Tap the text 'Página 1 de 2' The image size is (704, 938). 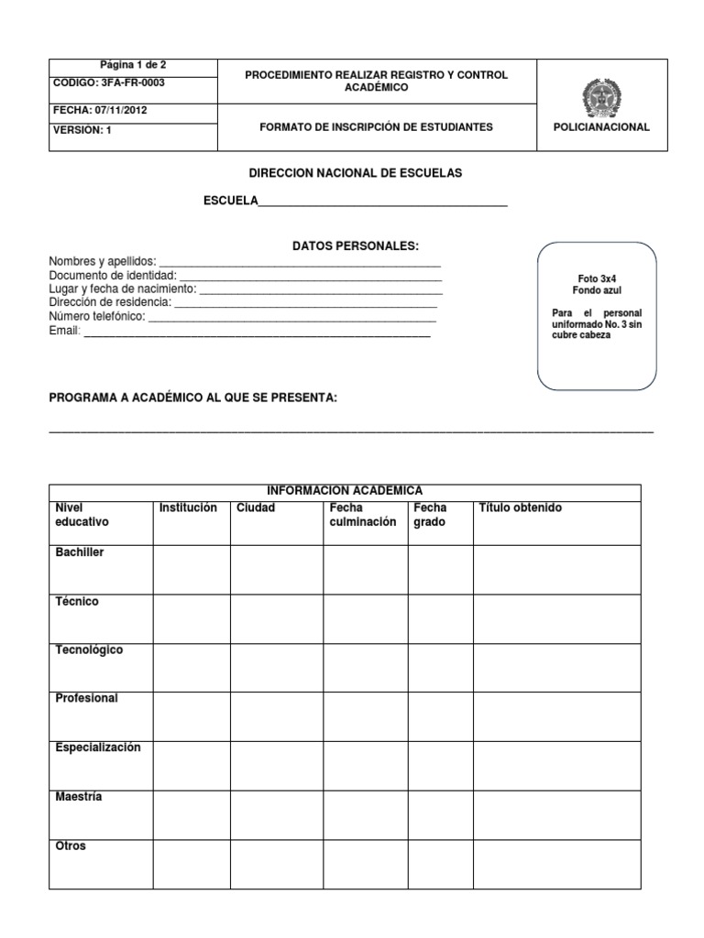pyautogui.click(x=133, y=65)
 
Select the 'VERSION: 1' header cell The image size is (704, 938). pyautogui.click(x=84, y=130)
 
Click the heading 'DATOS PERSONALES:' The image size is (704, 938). pyautogui.click(x=355, y=246)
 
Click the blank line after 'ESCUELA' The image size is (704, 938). pyautogui.click(x=382, y=202)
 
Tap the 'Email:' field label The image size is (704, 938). pyautogui.click(x=65, y=331)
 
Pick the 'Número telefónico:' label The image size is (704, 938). pyautogui.click(x=97, y=316)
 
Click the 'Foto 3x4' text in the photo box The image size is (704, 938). pyautogui.click(x=596, y=278)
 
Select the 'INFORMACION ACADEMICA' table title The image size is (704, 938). pyautogui.click(x=345, y=491)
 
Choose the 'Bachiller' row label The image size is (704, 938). pyautogui.click(x=80, y=553)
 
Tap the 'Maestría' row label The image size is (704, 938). pyautogui.click(x=79, y=797)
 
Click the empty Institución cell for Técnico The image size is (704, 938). pyautogui.click(x=191, y=618)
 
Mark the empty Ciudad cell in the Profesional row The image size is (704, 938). pyautogui.click(x=276, y=715)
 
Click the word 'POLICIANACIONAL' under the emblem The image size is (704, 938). pyautogui.click(x=601, y=127)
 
